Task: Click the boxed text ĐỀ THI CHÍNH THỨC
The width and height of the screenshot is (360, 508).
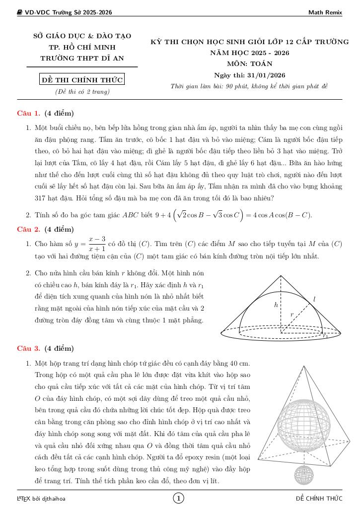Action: tap(81, 80)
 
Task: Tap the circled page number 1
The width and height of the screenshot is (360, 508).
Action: tap(179, 498)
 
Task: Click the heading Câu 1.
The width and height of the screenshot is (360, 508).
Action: tap(28, 113)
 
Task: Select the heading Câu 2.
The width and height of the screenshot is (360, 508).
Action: tap(28, 229)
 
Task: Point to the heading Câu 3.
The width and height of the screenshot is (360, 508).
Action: tap(28, 348)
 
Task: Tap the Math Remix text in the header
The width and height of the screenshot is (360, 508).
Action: tap(325, 12)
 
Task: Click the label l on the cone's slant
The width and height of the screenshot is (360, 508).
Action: tap(314, 299)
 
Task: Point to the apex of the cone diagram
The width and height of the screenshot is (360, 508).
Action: tap(281, 275)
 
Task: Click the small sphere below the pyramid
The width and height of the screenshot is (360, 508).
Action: tap(303, 475)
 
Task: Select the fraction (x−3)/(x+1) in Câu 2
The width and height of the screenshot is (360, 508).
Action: tap(97, 244)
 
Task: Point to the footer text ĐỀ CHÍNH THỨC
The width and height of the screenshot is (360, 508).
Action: tap(319, 498)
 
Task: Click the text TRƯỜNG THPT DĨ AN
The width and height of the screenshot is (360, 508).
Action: tap(82, 58)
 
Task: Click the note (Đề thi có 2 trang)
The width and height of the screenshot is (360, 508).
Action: tap(82, 92)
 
